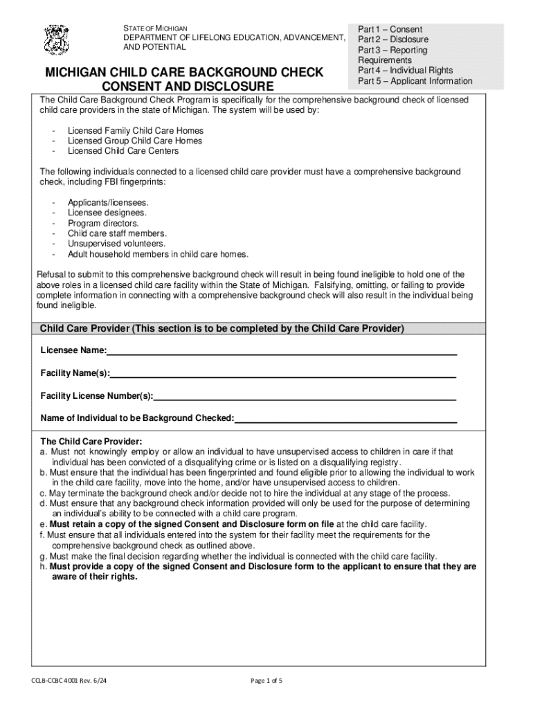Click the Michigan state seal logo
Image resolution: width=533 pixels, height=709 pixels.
pyautogui.click(x=56, y=40)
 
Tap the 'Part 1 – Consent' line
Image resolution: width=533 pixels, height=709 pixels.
pyautogui.click(x=390, y=30)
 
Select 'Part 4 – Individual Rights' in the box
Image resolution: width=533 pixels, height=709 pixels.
pyautogui.click(x=405, y=71)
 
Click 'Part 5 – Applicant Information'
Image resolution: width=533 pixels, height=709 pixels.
pyautogui.click(x=415, y=81)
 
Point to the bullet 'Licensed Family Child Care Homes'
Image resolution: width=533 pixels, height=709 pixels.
pyautogui.click(x=135, y=131)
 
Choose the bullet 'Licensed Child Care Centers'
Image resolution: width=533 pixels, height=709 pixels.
pyautogui.click(x=123, y=151)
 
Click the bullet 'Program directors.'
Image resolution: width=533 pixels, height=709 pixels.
pyautogui.click(x=103, y=224)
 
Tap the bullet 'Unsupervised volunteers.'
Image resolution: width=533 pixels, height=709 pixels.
pyautogui.click(x=116, y=244)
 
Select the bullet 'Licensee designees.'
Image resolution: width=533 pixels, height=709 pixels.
pyautogui.click(x=108, y=213)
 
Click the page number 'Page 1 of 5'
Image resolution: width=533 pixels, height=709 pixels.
pyautogui.click(x=266, y=681)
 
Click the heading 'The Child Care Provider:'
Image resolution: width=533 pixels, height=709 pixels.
pyautogui.click(x=91, y=441)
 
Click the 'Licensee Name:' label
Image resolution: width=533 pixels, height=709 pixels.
pyautogui.click(x=73, y=351)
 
